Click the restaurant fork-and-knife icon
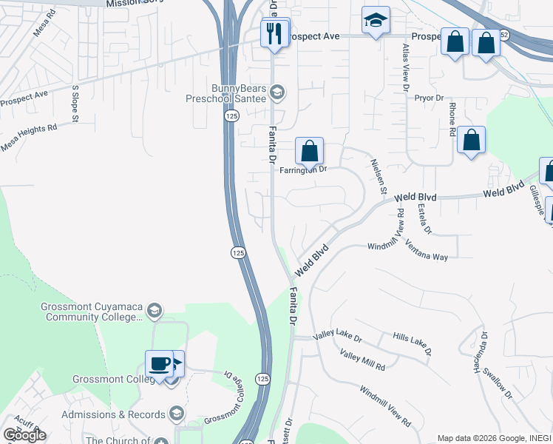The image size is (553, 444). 274,34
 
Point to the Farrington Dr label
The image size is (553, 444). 303,169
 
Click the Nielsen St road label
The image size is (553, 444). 379,177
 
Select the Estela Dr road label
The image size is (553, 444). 424,220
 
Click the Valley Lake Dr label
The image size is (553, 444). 337,337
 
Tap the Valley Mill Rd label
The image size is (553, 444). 362,360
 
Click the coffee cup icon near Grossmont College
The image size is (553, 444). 160,364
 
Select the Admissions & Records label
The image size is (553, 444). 113,414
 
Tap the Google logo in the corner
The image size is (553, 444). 24,435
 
